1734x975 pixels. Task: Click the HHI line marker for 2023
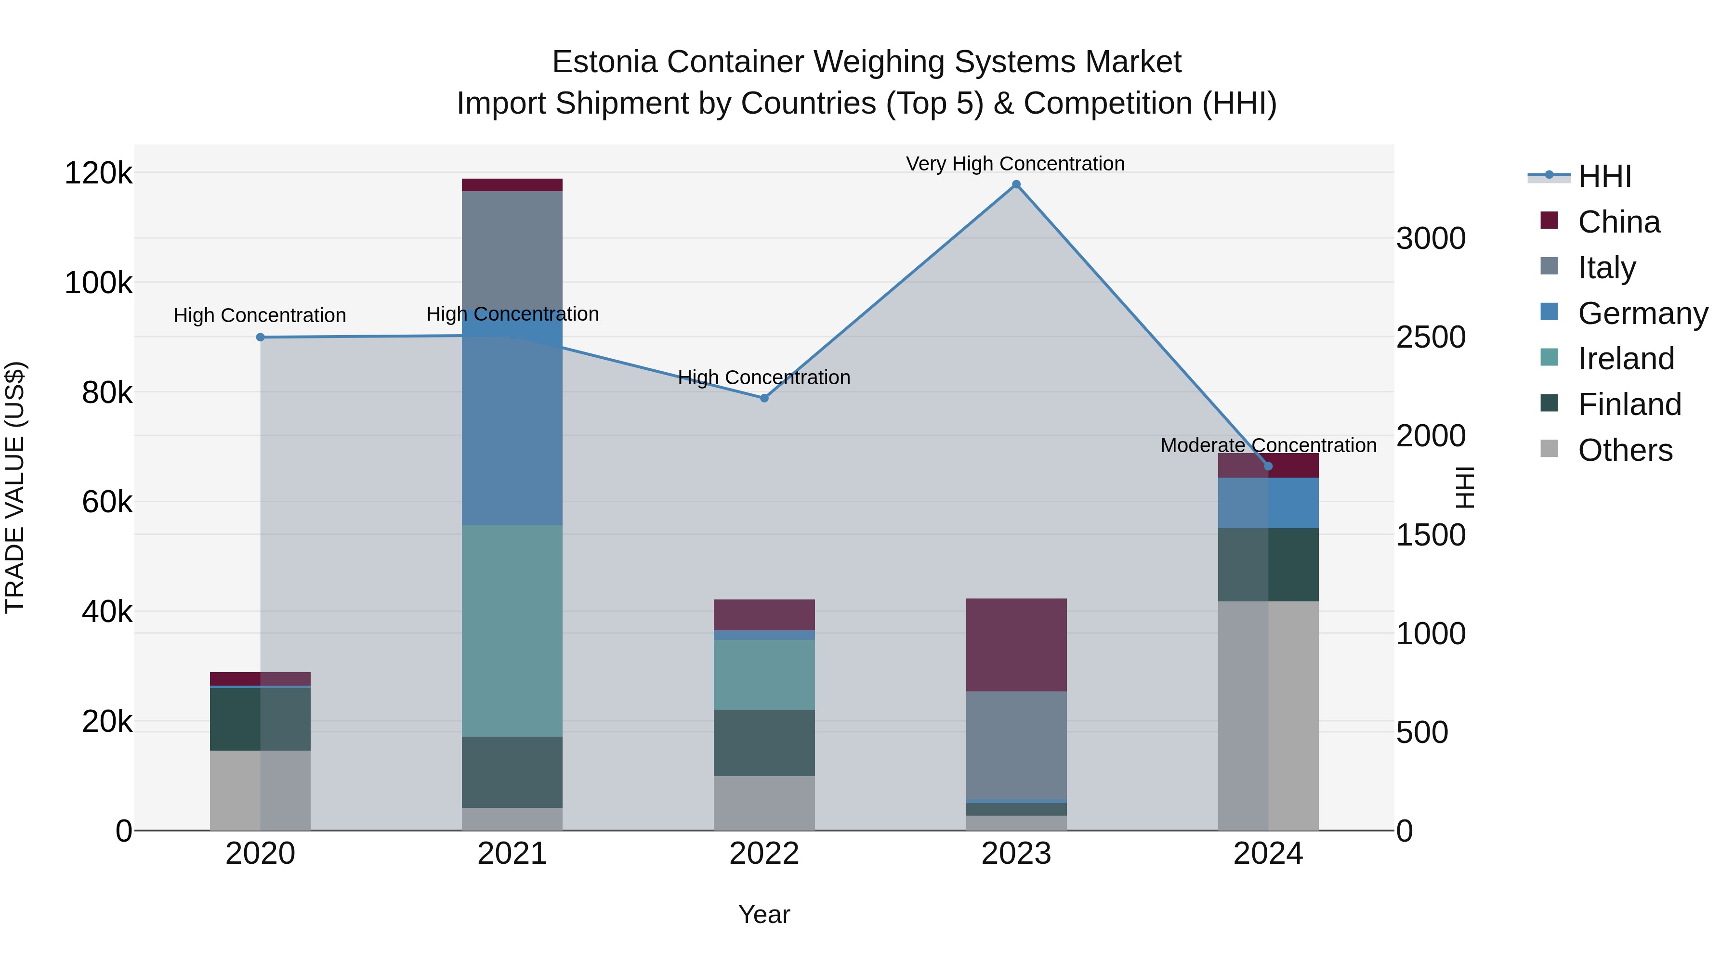tap(1016, 184)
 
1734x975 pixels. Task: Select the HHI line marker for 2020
tap(261, 337)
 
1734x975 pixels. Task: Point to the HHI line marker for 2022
tap(764, 398)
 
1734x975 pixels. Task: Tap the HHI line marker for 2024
tap(1268, 466)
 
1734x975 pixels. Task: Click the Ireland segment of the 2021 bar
tap(512, 630)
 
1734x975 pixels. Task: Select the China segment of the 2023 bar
tap(1016, 645)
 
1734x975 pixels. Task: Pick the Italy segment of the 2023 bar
tap(1016, 745)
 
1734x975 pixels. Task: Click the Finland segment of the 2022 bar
tap(764, 743)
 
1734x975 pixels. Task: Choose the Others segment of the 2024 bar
tap(1268, 715)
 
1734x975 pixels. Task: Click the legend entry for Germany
tap(1642, 313)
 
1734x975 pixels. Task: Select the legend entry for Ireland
tap(1626, 359)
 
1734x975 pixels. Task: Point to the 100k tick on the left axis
tap(98, 283)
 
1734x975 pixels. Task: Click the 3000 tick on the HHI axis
tap(1431, 239)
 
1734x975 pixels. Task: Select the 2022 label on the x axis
tap(764, 854)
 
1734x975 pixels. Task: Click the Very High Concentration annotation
tap(1015, 164)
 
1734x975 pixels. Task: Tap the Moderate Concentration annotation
tap(1268, 445)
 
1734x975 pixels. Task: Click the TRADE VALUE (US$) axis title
tap(15, 487)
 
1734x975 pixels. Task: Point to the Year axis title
tap(764, 914)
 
